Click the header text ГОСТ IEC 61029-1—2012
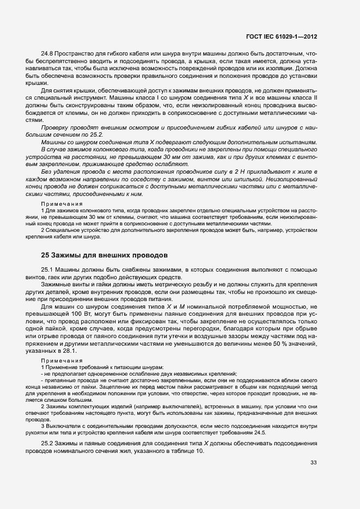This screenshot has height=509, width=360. tap(281, 36)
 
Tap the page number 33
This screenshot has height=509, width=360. tap(313, 463)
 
